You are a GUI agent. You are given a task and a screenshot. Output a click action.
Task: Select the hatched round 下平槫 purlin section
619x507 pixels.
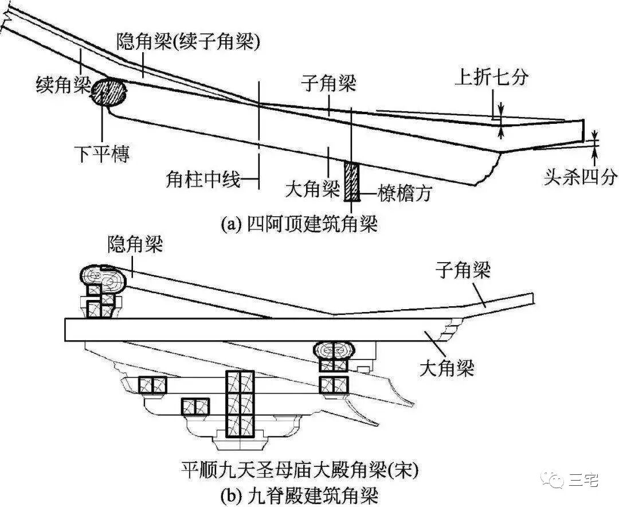(109, 92)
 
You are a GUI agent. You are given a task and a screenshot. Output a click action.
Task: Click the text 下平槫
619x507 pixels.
(102, 154)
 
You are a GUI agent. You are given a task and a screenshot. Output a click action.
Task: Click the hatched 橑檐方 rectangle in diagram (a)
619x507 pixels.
(351, 182)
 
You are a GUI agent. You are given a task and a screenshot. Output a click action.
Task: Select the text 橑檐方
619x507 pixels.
(404, 193)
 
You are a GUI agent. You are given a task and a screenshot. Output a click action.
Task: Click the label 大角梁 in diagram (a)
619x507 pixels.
(312, 189)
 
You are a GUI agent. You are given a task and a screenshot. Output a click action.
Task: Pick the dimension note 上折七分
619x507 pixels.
(491, 77)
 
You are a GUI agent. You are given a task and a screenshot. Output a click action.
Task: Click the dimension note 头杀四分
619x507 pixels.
(580, 177)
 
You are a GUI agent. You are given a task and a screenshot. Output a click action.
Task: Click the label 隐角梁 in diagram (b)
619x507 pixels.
(135, 245)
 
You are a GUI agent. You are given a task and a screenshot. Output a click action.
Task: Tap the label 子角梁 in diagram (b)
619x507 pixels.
(463, 269)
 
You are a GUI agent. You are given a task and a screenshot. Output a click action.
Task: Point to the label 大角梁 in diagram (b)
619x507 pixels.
(446, 367)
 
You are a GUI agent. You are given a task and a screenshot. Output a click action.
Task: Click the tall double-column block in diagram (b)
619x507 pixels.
(240, 404)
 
